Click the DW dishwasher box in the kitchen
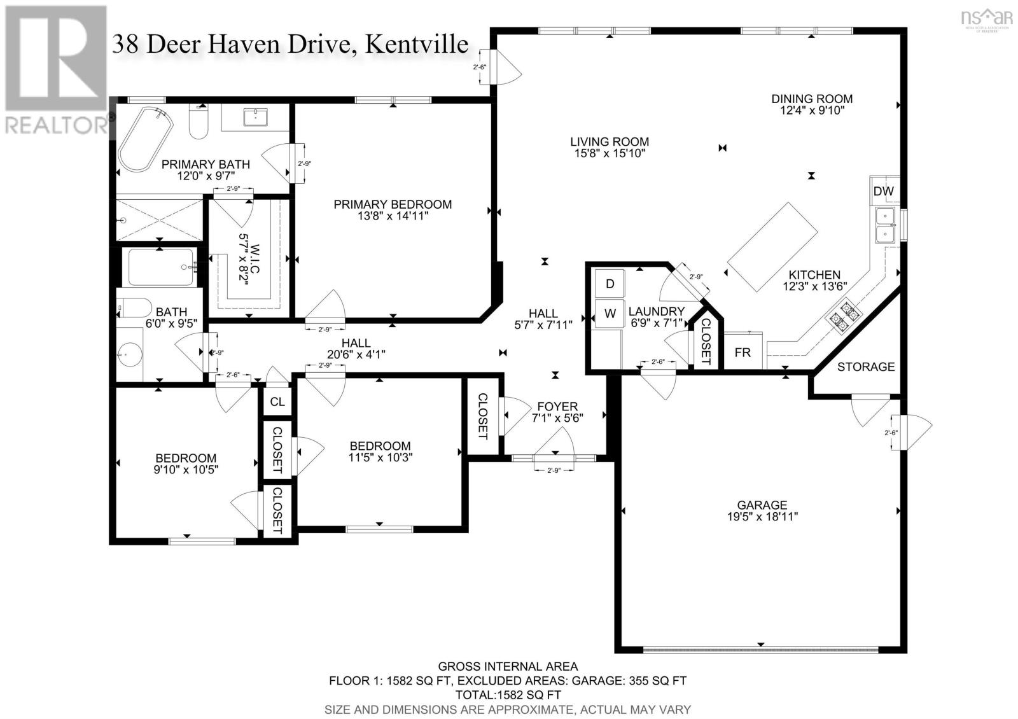point(883,191)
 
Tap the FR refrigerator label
point(743,352)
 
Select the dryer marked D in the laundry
point(610,284)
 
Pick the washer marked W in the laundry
point(610,314)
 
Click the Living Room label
point(609,142)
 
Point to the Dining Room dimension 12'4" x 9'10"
point(812,111)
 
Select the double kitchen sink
point(884,225)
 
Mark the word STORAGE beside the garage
point(865,367)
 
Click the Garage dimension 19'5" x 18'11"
point(762,517)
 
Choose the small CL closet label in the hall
point(277,402)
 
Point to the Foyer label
point(557,407)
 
